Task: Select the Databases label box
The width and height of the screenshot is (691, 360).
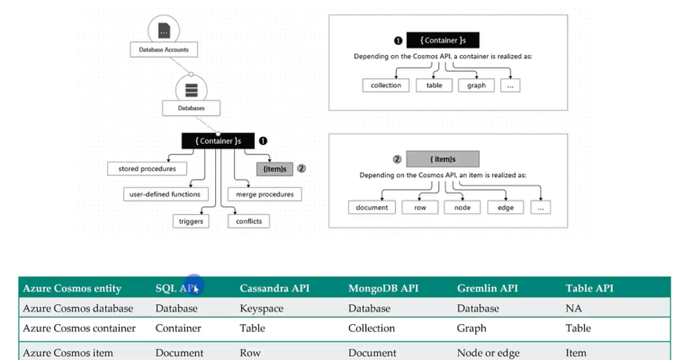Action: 191,108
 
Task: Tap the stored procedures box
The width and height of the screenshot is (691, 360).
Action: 147,168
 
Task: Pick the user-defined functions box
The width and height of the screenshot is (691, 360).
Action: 166,193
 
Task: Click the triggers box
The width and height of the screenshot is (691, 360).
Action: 191,220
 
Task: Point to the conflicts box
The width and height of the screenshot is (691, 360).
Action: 248,220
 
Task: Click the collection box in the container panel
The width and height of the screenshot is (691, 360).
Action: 386,85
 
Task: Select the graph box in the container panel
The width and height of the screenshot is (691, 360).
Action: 476,85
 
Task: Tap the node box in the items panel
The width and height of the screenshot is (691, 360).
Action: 462,207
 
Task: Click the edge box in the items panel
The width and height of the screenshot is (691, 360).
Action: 505,207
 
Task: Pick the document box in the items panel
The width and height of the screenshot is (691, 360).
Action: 372,207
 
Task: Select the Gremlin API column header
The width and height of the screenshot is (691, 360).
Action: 489,288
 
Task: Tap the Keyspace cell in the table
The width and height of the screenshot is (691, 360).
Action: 260,308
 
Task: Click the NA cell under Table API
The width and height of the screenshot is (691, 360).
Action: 573,308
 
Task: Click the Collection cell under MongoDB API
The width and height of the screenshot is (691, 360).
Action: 372,328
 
